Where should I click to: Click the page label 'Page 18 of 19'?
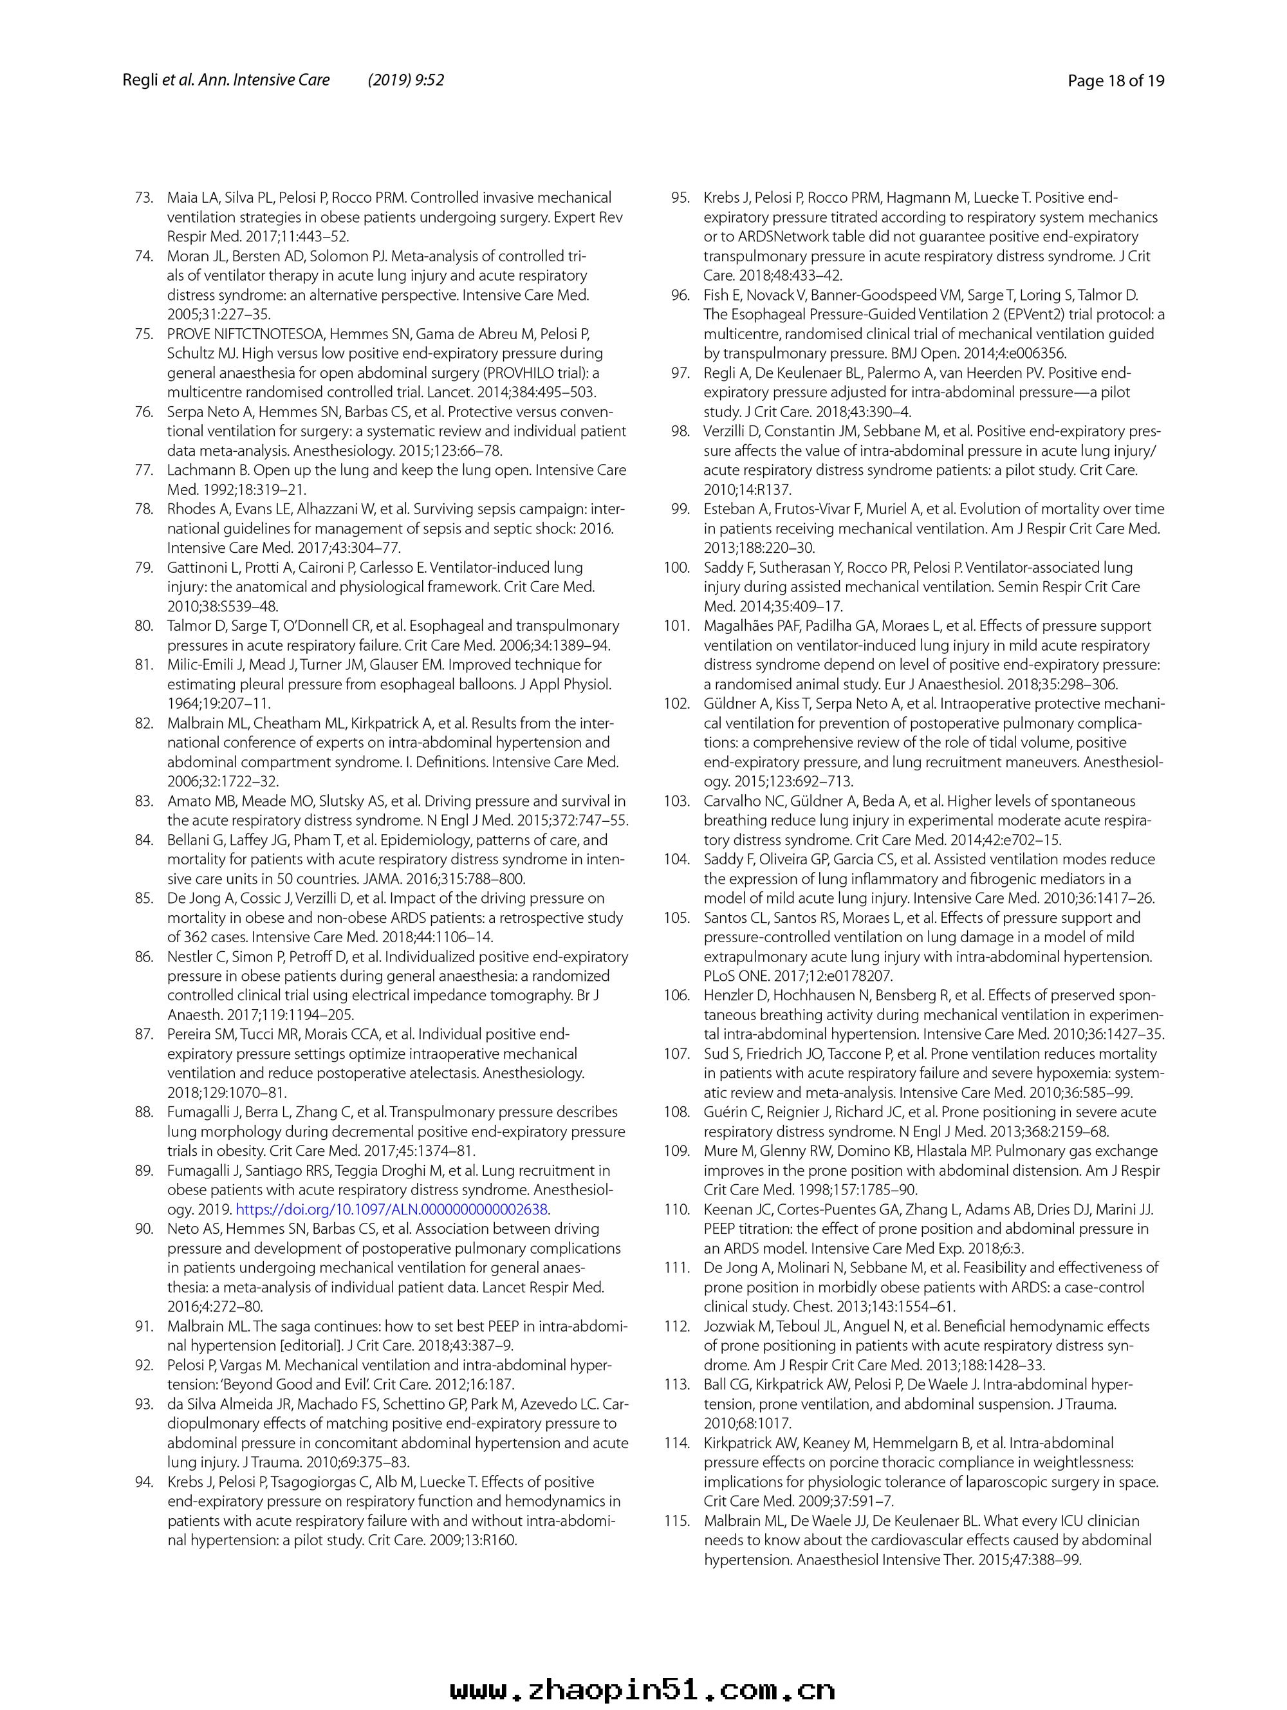pos(1115,80)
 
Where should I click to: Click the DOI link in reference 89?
pos(393,1209)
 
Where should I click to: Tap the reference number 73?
pos(144,198)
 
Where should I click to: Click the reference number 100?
pos(676,568)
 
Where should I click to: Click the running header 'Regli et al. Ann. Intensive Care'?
pos(226,80)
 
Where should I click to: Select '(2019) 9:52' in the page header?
pos(406,80)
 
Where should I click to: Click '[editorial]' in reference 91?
pos(325,1346)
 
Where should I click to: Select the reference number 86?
pos(144,957)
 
